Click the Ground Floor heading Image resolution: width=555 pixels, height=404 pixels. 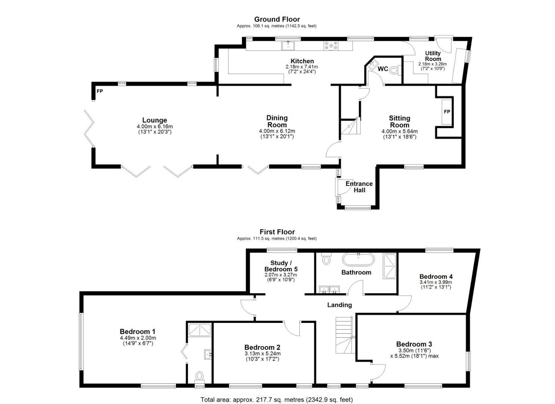[x=277, y=19]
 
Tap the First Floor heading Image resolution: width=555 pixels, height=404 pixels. [x=277, y=232]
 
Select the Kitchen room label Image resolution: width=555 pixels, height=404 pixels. [x=302, y=61]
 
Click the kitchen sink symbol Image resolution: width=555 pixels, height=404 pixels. [x=288, y=46]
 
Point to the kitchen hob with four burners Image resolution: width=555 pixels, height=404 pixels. [x=331, y=46]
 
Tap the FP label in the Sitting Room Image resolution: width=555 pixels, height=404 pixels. [x=447, y=112]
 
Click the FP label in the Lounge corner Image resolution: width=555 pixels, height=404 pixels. [x=100, y=91]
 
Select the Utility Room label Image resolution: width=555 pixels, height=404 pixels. [x=433, y=56]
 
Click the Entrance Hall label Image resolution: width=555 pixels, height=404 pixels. [x=359, y=187]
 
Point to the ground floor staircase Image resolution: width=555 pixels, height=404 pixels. [x=349, y=127]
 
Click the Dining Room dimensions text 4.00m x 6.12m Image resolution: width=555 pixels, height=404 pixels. [x=277, y=131]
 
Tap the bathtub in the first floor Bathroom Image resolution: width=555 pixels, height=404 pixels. [x=358, y=259]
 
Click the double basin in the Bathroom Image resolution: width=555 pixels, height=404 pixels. [x=329, y=289]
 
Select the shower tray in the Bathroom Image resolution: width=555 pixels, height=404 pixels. [x=391, y=266]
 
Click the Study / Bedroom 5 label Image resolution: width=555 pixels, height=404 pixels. [x=281, y=266]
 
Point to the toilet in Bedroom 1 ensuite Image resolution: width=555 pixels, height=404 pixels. [x=200, y=376]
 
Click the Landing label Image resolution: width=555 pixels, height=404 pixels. [x=339, y=305]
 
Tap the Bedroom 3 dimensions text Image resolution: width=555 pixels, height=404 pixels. [x=414, y=353]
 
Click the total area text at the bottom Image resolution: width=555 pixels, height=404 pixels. [x=277, y=400]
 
